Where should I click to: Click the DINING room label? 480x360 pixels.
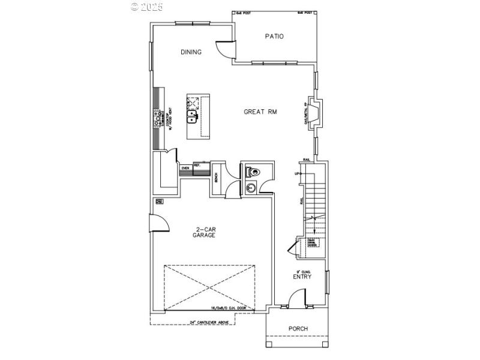pos(191,52)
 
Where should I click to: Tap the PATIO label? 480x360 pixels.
pos(274,37)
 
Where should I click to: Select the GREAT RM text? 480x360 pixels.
pos(260,112)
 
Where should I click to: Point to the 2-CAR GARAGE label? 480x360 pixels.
pos(204,232)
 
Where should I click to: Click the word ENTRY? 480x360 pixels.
pos(302,277)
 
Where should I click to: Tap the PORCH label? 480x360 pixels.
pos(298,328)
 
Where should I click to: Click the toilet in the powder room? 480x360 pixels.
pos(253,172)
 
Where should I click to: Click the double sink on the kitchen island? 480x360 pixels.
pos(193,117)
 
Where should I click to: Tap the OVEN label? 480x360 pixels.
pos(186,168)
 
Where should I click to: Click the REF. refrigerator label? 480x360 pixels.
pos(196,164)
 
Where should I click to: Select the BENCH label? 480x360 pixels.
pos(216,178)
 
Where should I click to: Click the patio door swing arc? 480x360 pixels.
pos(224,49)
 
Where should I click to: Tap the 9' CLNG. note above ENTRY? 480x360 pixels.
pos(302,270)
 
